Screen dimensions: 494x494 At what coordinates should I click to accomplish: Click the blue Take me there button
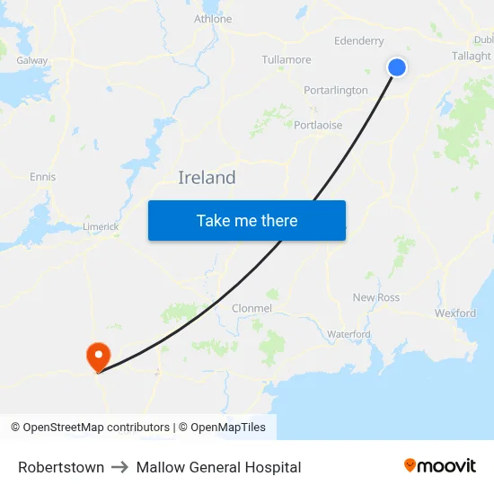[x=247, y=220]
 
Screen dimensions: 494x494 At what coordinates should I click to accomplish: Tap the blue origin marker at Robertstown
[x=396, y=67]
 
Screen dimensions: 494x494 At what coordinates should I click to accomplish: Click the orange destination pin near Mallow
[x=97, y=357]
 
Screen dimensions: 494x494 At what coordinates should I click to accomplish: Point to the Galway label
[x=32, y=60]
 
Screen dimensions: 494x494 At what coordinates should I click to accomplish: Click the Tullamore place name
[x=287, y=60]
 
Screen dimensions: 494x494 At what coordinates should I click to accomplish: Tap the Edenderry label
[x=358, y=41]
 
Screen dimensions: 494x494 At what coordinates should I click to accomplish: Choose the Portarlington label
[x=336, y=91]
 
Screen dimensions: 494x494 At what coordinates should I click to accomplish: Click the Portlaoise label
[x=318, y=126]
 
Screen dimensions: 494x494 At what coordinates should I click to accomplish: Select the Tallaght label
[x=472, y=56]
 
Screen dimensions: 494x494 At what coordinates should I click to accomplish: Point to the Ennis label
[x=42, y=177]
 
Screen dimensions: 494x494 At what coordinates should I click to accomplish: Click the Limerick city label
[x=101, y=227]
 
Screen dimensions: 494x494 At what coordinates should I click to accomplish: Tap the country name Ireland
[x=207, y=178]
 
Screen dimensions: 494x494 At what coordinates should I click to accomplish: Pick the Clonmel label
[x=251, y=308]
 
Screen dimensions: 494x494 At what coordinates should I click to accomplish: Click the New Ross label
[x=376, y=297]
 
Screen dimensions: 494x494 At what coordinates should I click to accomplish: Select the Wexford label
[x=455, y=313]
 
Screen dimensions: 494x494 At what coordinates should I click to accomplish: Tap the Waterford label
[x=348, y=334]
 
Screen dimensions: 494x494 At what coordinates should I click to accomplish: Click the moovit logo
[x=439, y=466]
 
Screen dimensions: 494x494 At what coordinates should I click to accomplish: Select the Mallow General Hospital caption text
[x=218, y=467]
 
